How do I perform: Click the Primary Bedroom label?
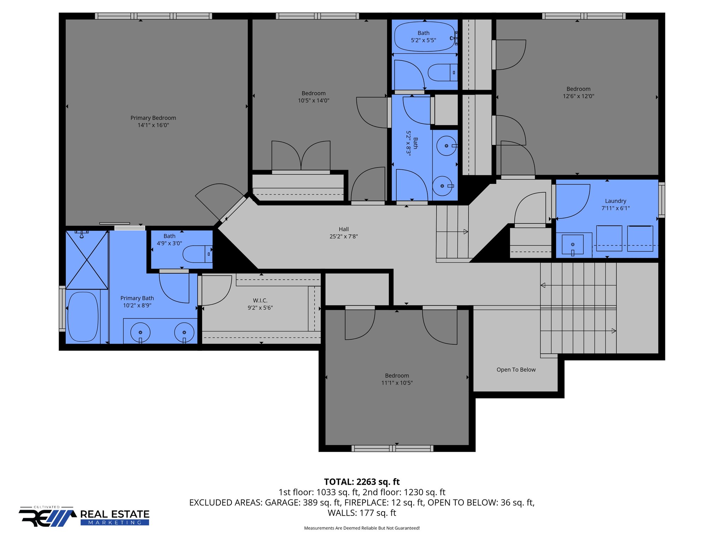pos(153,118)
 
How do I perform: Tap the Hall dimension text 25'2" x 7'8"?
pos(344,237)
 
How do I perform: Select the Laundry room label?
pos(615,201)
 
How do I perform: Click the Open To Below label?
pos(516,369)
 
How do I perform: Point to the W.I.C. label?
pos(260,300)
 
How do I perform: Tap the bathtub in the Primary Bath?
pos(83,317)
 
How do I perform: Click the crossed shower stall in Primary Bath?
pos(87,260)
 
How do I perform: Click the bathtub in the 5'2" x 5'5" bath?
pos(424,37)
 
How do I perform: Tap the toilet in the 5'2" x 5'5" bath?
pos(442,72)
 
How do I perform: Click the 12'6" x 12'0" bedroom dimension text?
pos(578,96)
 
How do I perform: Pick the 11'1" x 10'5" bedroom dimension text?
pos(397,383)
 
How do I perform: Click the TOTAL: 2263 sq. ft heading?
pos(362,482)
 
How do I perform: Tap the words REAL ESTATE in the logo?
pos(115,514)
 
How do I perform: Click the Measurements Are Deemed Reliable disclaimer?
pos(362,528)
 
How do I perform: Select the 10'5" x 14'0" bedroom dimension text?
pos(313,100)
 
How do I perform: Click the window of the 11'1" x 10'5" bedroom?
pos(392,449)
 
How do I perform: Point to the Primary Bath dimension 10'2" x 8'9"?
pos(137,305)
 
